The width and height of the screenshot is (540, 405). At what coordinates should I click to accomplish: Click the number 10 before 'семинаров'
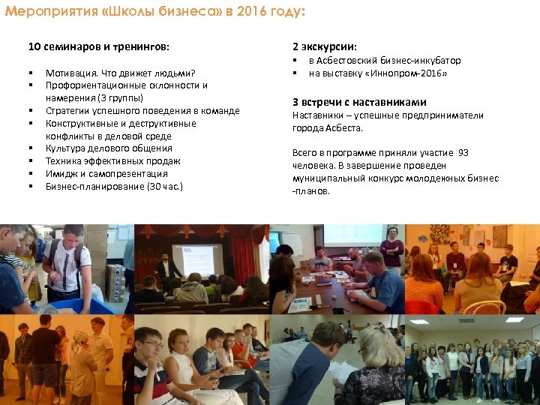pyautogui.click(x=34, y=46)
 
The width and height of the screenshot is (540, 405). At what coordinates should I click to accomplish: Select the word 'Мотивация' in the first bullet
pyautogui.click(x=68, y=73)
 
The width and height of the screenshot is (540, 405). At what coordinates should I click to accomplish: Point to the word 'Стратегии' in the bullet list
pyautogui.click(x=66, y=111)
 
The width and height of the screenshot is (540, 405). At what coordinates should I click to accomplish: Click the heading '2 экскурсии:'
pyautogui.click(x=325, y=46)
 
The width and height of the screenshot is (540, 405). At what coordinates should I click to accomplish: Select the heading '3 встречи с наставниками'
pyautogui.click(x=359, y=102)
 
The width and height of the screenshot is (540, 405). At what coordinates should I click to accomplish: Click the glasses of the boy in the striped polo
pyautogui.click(x=152, y=345)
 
